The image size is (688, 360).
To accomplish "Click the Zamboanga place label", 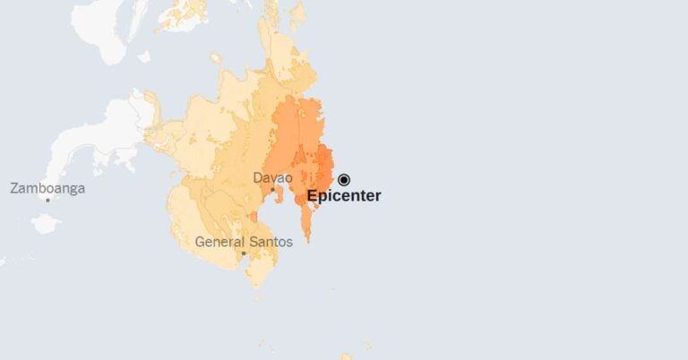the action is [47, 188].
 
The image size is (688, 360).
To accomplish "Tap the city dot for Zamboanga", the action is [47, 200].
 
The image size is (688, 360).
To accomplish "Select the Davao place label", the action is [273, 177].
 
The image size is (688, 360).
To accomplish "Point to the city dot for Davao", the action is [272, 189].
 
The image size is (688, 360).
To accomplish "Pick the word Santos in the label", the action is [271, 242].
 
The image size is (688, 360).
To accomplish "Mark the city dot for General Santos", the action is [244, 253].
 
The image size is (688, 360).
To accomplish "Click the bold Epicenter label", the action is [344, 196].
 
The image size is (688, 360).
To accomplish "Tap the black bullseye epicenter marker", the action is [344, 179].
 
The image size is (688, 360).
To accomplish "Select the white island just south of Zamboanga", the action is [45, 223].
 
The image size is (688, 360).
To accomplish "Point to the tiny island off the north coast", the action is [216, 59].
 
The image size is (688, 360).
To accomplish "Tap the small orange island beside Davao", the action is [254, 216].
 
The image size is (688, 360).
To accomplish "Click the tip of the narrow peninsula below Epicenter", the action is [306, 239].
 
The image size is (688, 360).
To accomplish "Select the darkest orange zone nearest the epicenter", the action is [324, 166].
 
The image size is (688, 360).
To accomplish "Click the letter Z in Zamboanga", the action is [14, 188].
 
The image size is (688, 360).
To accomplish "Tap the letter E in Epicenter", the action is [312, 196].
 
